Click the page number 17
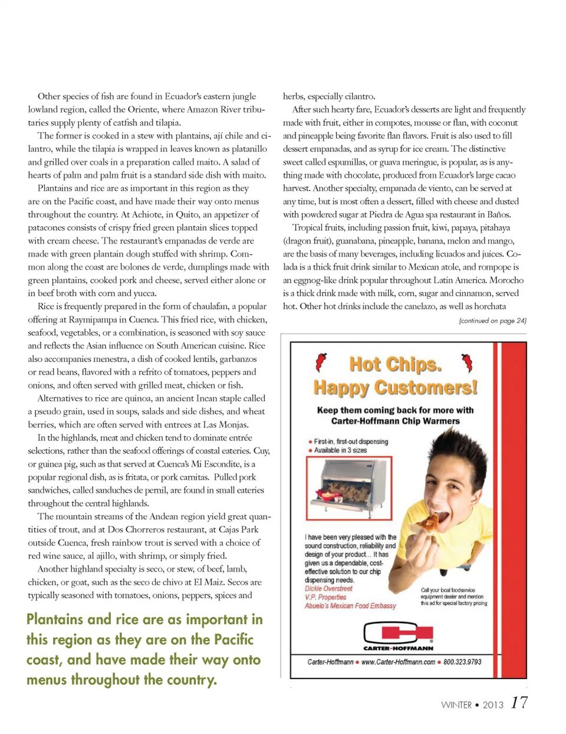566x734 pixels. click(x=519, y=702)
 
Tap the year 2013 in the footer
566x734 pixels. click(x=493, y=705)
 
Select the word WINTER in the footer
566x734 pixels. click(x=456, y=705)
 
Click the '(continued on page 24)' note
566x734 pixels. click(x=492, y=321)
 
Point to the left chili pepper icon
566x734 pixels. click(x=321, y=362)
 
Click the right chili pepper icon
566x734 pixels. click(x=467, y=362)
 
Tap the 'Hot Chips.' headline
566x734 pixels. click(x=395, y=364)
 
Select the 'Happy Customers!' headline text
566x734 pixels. click(x=395, y=387)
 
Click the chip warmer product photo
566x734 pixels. click(x=349, y=488)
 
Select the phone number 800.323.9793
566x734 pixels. click(x=462, y=662)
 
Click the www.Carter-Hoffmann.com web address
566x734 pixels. click(x=398, y=662)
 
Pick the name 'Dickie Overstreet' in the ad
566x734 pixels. click(x=328, y=588)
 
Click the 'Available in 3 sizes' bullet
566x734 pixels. click(x=340, y=450)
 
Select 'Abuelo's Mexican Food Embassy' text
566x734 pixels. click(x=350, y=605)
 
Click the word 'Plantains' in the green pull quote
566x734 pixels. click(x=55, y=619)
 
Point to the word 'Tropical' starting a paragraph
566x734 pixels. click(x=307, y=228)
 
